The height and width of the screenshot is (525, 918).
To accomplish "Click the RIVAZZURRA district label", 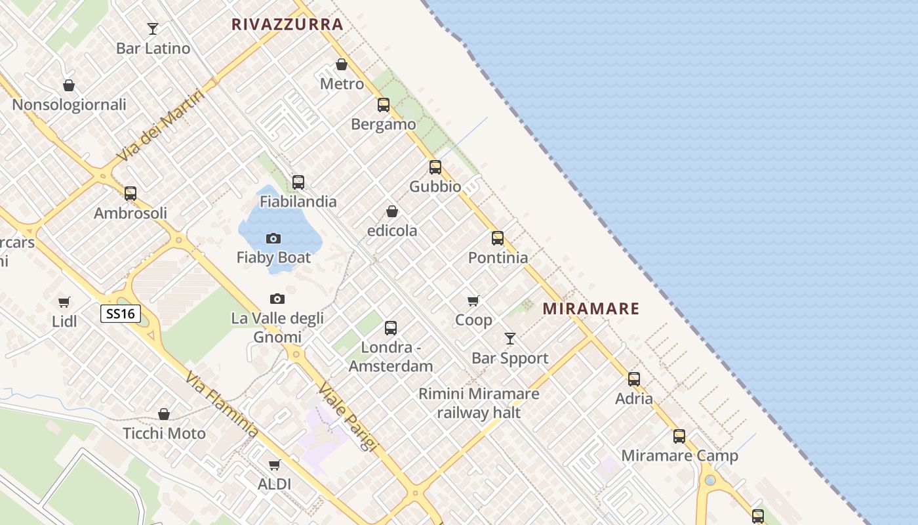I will coord(287,25).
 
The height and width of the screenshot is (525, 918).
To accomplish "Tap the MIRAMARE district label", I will coord(591,308).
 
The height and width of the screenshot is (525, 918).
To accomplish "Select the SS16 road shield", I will coord(121,314).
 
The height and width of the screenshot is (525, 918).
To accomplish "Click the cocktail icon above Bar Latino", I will coord(153,29).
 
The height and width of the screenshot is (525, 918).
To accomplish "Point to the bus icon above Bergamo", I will coord(384,105).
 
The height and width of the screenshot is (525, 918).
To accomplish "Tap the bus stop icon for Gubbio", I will coord(435,167).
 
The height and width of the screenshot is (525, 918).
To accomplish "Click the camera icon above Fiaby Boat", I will coord(273,238).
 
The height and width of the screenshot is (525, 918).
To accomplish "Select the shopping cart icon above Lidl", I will coord(64,303).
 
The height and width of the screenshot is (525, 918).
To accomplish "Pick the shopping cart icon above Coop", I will coord(473,301).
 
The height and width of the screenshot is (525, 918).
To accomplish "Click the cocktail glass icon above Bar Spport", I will coord(510,339).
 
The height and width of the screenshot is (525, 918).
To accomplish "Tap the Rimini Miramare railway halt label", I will coord(479,403).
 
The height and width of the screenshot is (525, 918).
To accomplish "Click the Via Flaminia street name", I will coord(221,405).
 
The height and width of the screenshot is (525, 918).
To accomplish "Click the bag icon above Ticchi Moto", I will coord(164,414).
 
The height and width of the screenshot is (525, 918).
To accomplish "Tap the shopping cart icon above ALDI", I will coord(274,465).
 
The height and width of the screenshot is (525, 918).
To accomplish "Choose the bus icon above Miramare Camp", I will coord(679,436).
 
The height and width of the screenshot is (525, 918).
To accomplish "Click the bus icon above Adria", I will coord(634,379).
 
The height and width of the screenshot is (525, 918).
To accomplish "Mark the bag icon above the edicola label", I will coord(392,211).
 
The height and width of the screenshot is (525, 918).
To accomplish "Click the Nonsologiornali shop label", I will coord(69,104).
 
